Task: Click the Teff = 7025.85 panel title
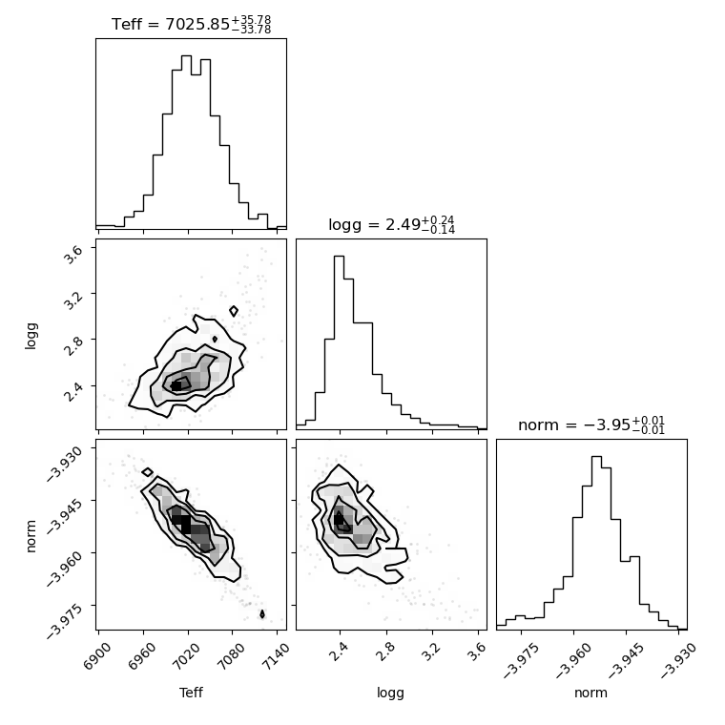pyautogui.click(x=192, y=24)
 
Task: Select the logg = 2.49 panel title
pyautogui.click(x=392, y=225)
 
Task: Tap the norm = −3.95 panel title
pyautogui.click(x=591, y=425)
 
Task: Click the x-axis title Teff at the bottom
pyautogui.click(x=191, y=693)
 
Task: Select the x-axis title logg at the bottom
pyautogui.click(x=391, y=694)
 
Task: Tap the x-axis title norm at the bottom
pyautogui.click(x=590, y=693)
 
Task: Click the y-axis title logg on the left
pyautogui.click(x=31, y=336)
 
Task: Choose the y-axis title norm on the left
pyautogui.click(x=31, y=536)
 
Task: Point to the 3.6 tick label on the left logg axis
pyautogui.click(x=74, y=254)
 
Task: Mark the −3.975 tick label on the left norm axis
pyautogui.click(x=65, y=619)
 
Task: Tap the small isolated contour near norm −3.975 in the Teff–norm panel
pyautogui.click(x=262, y=614)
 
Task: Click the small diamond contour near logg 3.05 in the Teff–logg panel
pyautogui.click(x=234, y=311)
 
